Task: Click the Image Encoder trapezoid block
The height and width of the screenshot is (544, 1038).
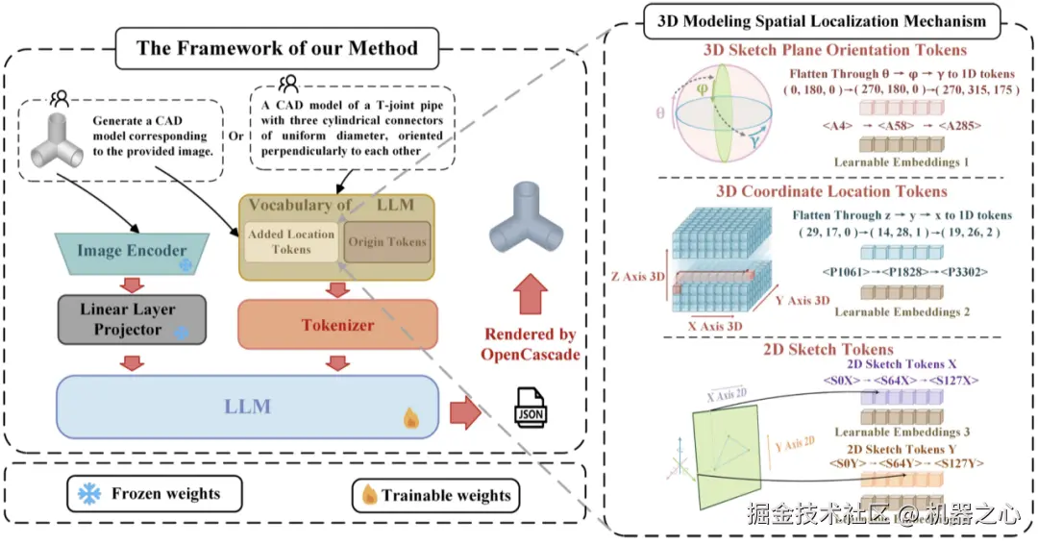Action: tap(132, 252)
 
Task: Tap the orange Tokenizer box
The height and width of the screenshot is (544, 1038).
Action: tap(336, 325)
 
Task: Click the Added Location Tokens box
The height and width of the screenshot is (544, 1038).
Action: tap(290, 241)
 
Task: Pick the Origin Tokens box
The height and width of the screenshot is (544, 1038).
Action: tap(386, 241)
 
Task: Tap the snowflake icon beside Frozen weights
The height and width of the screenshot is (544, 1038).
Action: tap(89, 494)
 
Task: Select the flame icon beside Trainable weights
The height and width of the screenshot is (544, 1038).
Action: tap(368, 495)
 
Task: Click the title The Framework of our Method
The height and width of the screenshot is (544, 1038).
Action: tap(277, 48)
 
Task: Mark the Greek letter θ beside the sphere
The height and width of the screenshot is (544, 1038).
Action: tap(660, 113)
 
